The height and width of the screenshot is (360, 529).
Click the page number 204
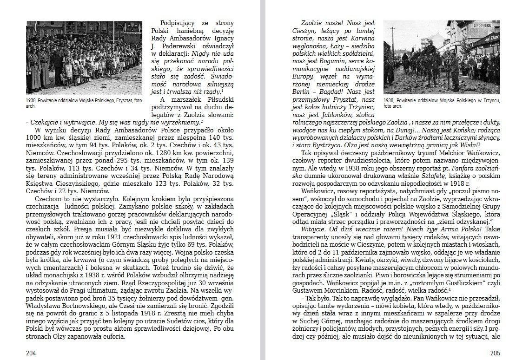click(x=31, y=353)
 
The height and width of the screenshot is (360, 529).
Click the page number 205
click(x=495, y=353)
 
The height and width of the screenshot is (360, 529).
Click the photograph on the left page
click(x=84, y=58)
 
